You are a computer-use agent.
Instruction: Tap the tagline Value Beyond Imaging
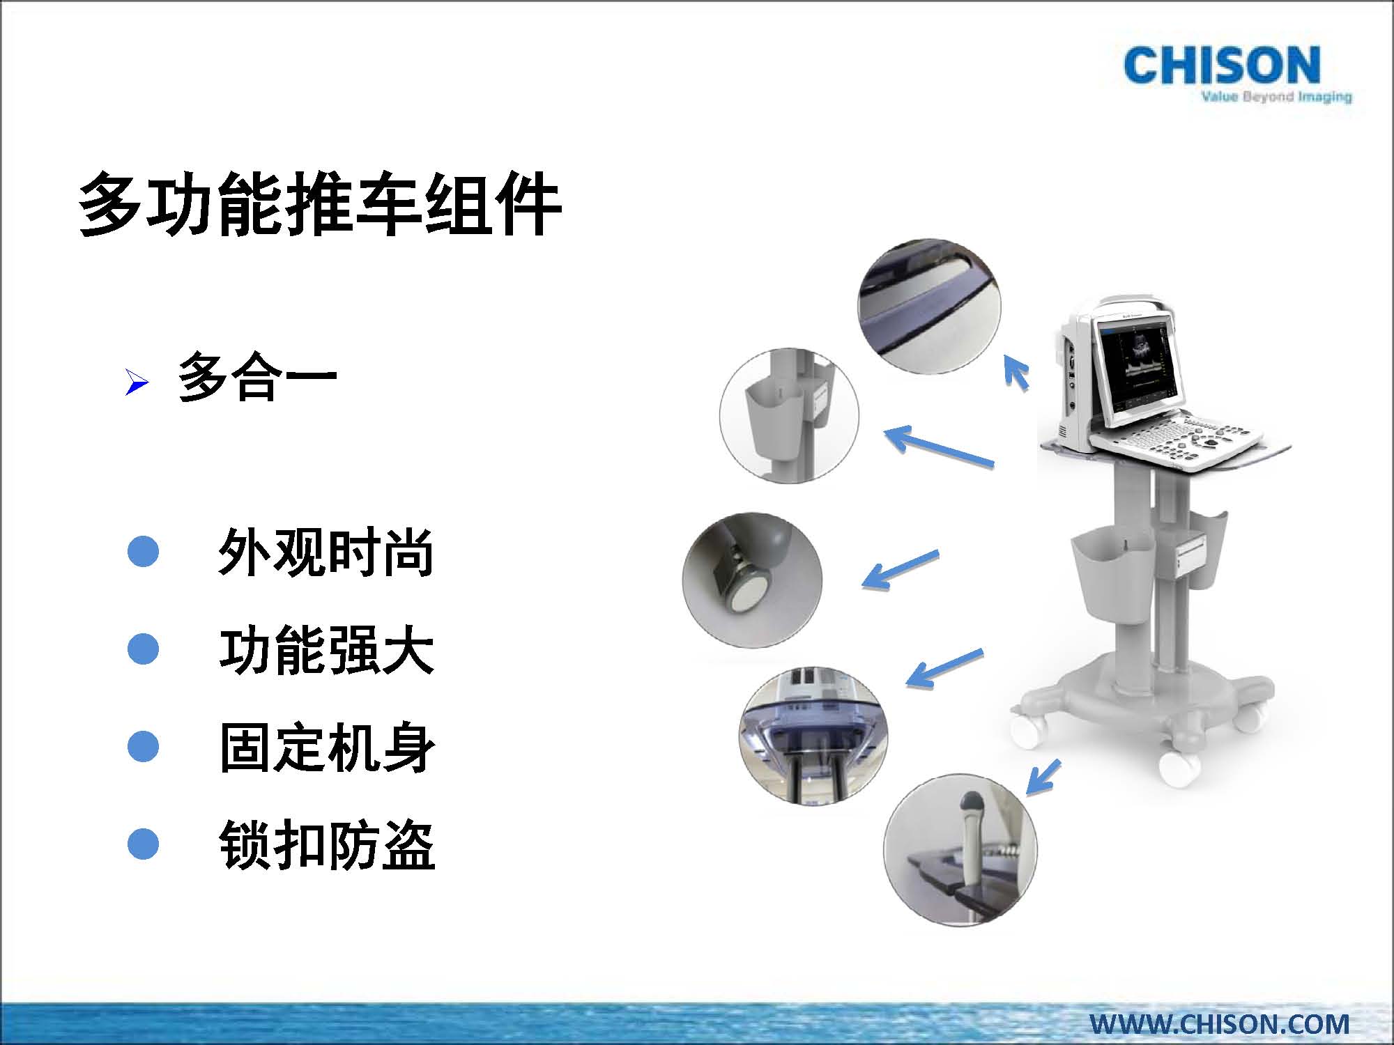[1276, 97]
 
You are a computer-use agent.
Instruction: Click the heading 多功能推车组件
[320, 204]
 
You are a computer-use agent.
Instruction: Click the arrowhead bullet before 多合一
[137, 382]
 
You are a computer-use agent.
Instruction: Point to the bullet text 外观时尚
[326, 552]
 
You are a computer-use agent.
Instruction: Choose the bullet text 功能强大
[326, 649]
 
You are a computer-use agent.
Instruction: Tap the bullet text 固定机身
[326, 747]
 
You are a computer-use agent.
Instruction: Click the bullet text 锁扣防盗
[326, 844]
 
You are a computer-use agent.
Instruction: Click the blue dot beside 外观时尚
[143, 551]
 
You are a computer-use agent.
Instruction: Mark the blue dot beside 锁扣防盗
[143, 844]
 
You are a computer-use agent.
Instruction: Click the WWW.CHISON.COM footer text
[1220, 1023]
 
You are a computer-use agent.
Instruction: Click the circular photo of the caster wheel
[752, 580]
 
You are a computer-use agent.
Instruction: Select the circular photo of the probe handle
[960, 849]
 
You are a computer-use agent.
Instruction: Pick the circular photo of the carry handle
[929, 307]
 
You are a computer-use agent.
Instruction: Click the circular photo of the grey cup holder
[789, 417]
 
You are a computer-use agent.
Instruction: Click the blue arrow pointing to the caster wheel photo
[901, 569]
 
